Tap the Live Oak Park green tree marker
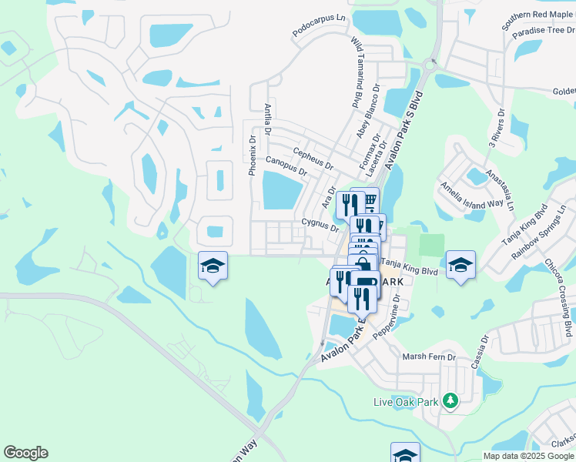(451, 401)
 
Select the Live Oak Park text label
(415, 402)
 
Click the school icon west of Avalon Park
(213, 266)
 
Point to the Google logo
(25, 453)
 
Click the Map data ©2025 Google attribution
(528, 456)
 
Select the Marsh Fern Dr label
(430, 357)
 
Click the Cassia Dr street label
(478, 351)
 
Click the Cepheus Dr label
(313, 159)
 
